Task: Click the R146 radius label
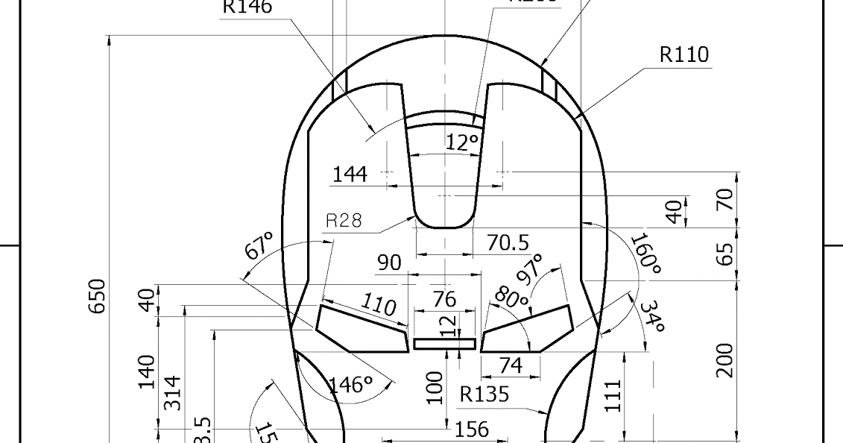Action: point(247,7)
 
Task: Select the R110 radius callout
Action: point(683,55)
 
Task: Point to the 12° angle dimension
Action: point(462,142)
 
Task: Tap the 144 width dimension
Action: point(350,174)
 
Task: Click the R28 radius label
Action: point(344,220)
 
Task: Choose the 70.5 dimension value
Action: point(508,242)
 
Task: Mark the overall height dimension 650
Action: point(98,296)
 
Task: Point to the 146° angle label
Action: point(350,385)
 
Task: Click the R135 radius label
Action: point(484,394)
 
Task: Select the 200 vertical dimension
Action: point(724,360)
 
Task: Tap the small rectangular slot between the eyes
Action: point(444,344)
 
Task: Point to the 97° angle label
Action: point(534,269)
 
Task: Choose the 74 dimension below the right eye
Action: point(511,365)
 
